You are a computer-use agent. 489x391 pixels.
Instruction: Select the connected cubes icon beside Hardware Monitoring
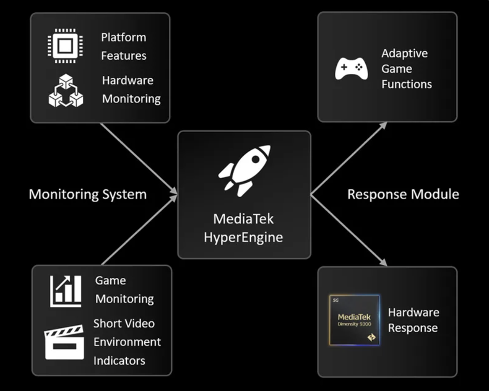pos(66,91)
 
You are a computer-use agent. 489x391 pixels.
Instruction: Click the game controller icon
pos(351,69)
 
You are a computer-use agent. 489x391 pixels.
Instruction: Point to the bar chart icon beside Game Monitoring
pos(66,291)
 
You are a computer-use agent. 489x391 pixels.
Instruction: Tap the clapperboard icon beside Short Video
pos(64,341)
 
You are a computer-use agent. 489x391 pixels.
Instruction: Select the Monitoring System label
pos(87,194)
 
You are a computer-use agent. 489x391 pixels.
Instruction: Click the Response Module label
pos(403,194)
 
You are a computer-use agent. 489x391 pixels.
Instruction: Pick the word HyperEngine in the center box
pos(243,238)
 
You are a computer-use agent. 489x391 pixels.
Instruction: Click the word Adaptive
pos(404,54)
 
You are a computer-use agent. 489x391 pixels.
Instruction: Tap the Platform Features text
pos(123,46)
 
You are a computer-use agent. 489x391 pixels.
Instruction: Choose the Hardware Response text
pos(413,320)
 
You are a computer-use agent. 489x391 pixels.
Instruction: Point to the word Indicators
pos(119,360)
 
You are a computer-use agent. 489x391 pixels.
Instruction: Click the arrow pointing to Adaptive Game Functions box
pos(349,157)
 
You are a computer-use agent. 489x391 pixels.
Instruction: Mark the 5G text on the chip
pos(334,300)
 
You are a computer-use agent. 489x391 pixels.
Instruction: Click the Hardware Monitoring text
pos(131,89)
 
